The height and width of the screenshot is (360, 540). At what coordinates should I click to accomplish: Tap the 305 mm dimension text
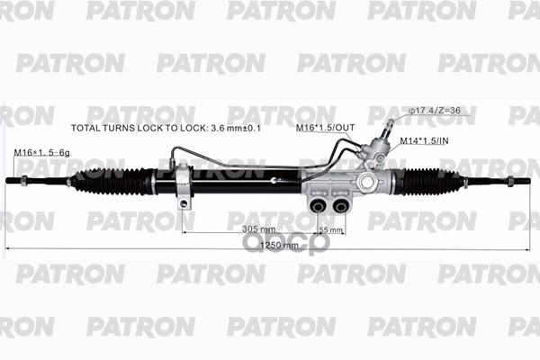click(x=258, y=229)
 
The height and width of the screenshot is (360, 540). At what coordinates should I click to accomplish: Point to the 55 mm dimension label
click(x=331, y=230)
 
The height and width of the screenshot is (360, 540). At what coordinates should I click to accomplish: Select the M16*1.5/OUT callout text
click(x=325, y=129)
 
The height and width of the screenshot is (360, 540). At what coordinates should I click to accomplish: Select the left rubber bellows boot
click(x=112, y=181)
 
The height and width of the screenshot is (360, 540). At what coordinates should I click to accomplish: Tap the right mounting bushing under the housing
click(x=340, y=206)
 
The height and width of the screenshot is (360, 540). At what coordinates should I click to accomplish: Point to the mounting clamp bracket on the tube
click(x=184, y=184)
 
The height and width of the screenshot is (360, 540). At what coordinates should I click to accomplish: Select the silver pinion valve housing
click(x=369, y=176)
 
